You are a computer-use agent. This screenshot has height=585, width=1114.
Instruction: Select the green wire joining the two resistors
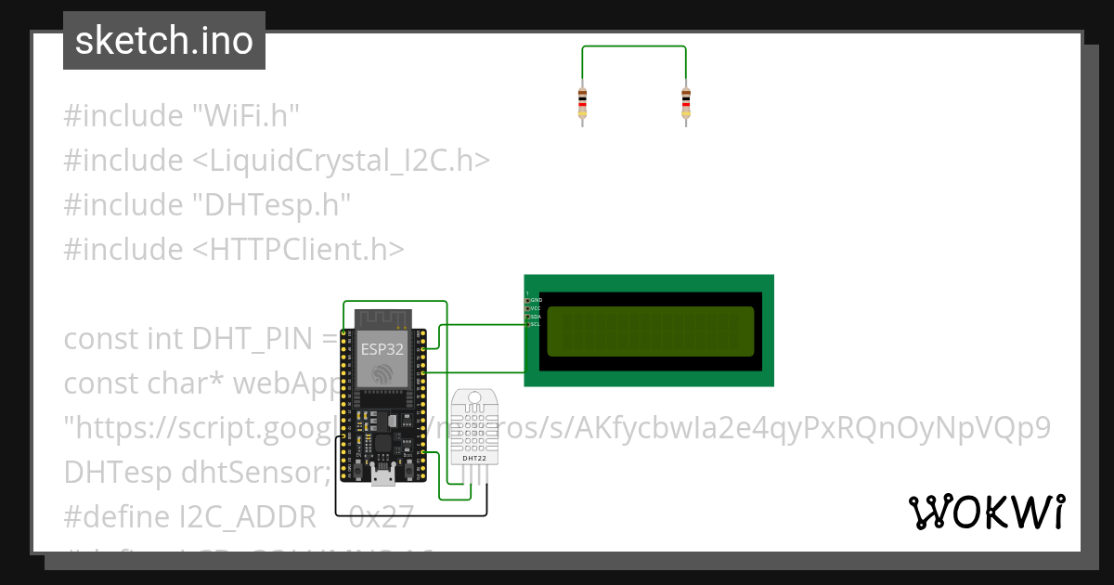tap(634, 47)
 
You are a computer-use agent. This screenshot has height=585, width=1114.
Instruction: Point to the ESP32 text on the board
tap(382, 350)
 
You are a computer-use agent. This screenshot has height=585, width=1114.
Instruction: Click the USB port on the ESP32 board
tap(382, 476)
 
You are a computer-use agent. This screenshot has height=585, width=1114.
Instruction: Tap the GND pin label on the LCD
tap(536, 300)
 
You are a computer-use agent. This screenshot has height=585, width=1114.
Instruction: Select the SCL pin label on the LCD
tap(535, 324)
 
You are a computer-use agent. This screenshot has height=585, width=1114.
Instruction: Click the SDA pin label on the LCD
tap(535, 317)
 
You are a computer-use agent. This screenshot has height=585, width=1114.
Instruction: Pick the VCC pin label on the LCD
tap(535, 308)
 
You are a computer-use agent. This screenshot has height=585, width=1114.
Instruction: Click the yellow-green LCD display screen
tap(650, 331)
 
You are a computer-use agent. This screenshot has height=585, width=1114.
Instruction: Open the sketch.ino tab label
tap(164, 41)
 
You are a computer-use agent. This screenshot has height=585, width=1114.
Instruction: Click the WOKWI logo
tap(986, 512)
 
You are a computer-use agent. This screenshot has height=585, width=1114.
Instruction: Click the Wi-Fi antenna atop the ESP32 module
tap(382, 317)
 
